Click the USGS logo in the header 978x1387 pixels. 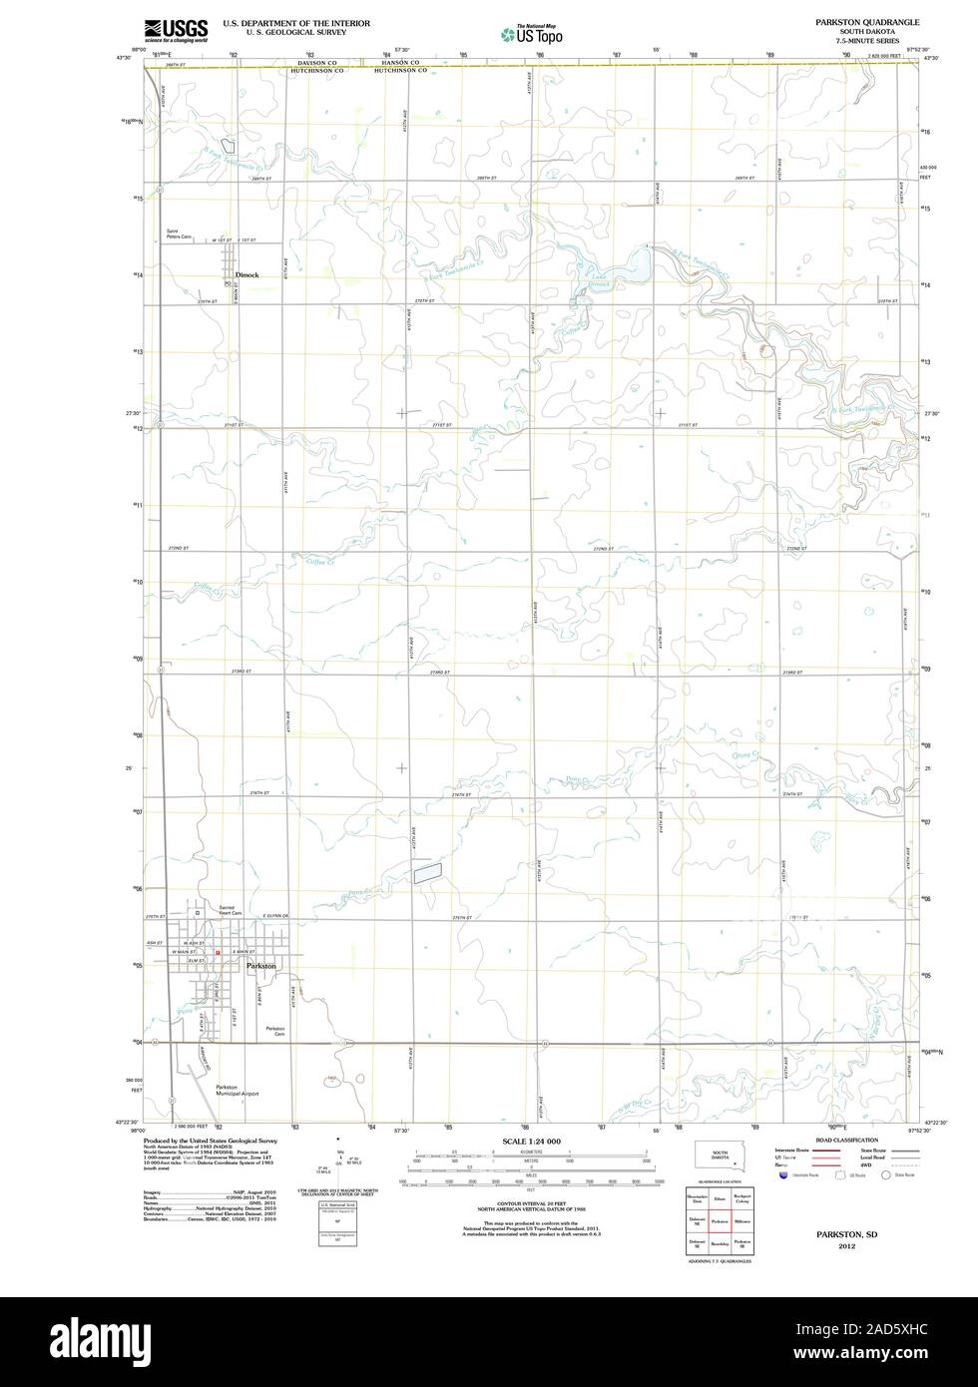pos(176,30)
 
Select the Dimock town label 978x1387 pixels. pos(245,274)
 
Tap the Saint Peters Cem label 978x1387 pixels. pos(180,235)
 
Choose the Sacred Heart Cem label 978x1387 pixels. pos(232,911)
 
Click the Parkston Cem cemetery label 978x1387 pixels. pos(275,1031)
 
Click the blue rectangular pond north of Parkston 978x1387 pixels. pos(428,871)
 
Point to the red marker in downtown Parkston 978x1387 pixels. pos(218,954)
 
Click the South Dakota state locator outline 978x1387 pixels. pos(719,1157)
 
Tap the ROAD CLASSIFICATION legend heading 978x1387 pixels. pos(846,1140)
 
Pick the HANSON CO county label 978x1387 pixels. pos(399,62)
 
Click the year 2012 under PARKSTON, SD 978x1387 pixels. pos(846,1246)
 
